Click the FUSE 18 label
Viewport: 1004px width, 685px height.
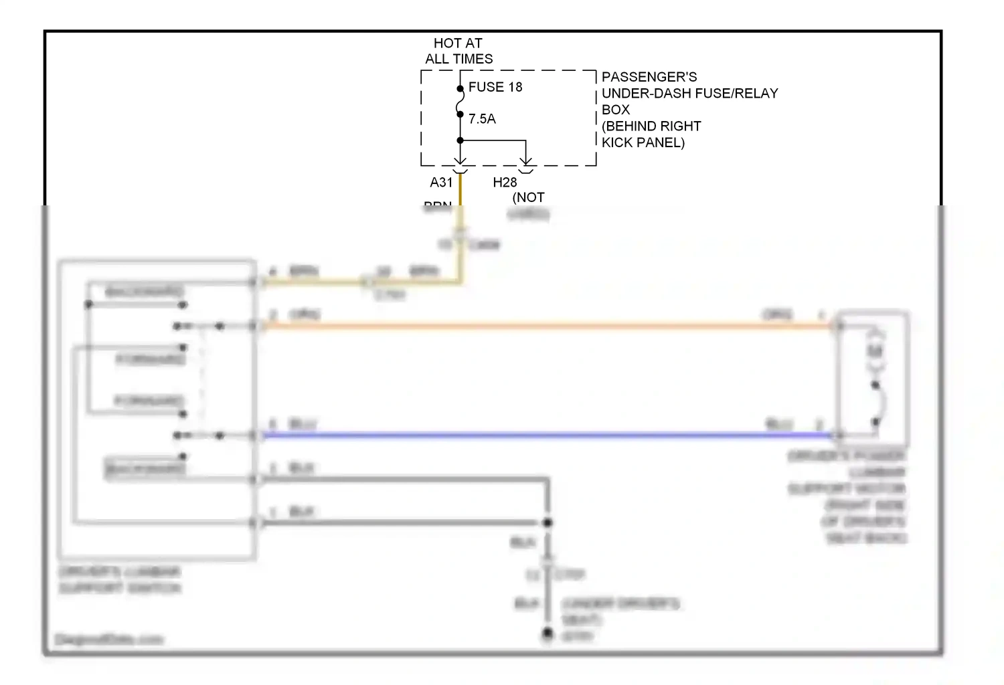[495, 87]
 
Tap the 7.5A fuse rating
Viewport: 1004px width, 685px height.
[482, 119]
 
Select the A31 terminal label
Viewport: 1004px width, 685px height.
[441, 183]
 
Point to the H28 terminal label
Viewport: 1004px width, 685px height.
[505, 183]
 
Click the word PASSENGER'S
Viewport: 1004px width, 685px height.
[649, 77]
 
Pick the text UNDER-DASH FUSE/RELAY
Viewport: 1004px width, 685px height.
[689, 94]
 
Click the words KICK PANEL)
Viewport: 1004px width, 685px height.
[643, 142]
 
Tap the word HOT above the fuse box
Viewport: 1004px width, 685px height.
[447, 43]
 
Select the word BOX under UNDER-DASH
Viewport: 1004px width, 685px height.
[616, 110]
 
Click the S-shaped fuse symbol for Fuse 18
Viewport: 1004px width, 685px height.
[461, 101]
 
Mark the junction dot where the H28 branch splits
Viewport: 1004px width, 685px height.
[461, 140]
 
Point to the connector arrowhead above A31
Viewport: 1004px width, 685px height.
[461, 161]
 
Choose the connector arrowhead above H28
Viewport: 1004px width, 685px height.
[526, 161]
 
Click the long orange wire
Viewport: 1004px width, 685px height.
[535, 326]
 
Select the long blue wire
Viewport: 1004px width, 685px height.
[535, 435]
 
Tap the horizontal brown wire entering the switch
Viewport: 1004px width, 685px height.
[315, 282]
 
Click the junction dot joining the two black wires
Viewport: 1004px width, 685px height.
[548, 522]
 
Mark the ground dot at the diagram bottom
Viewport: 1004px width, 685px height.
[548, 633]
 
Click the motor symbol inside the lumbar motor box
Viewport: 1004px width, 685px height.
[875, 351]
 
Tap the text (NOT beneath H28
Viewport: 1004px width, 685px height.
[528, 198]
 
